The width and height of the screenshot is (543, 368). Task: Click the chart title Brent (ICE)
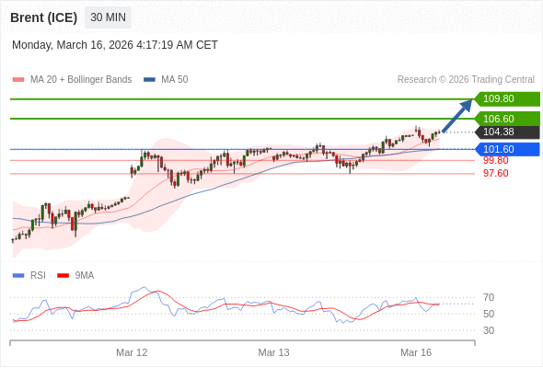click(x=44, y=17)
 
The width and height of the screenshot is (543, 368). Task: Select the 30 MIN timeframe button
click(x=108, y=17)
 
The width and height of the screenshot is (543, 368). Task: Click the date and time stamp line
click(x=115, y=44)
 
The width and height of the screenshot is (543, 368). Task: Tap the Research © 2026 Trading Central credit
click(x=466, y=79)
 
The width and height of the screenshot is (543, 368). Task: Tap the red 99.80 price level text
click(x=495, y=160)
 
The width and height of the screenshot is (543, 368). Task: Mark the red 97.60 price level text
click(x=495, y=173)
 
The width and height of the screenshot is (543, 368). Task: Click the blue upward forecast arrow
click(x=457, y=117)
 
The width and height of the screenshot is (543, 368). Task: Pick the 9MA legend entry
click(x=84, y=275)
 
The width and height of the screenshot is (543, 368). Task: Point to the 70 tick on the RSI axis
click(x=489, y=297)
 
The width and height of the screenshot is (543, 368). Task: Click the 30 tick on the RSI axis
click(x=489, y=330)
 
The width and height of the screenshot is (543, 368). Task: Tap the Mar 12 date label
click(x=132, y=352)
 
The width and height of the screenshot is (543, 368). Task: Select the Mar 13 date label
click(x=273, y=352)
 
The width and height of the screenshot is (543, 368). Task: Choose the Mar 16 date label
click(x=416, y=352)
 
